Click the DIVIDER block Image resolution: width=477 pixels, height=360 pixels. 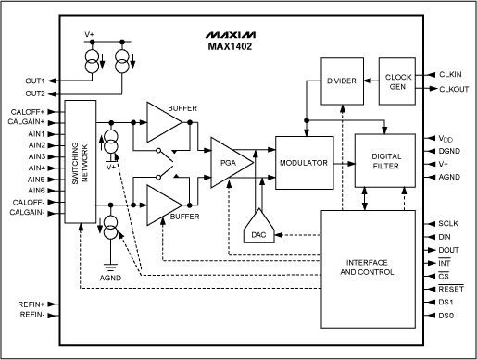click(x=343, y=81)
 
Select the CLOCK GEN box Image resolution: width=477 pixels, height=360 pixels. click(x=398, y=81)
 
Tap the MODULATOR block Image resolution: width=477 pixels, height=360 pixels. click(x=303, y=162)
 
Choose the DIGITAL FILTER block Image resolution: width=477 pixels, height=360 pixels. click(x=385, y=163)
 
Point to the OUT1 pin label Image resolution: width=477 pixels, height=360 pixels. click(x=33, y=80)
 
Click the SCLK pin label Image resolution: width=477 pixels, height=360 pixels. click(x=449, y=223)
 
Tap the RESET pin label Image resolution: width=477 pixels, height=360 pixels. click(x=451, y=288)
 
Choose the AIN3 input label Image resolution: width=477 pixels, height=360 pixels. click(x=36, y=156)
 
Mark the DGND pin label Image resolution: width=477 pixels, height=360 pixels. click(x=450, y=151)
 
